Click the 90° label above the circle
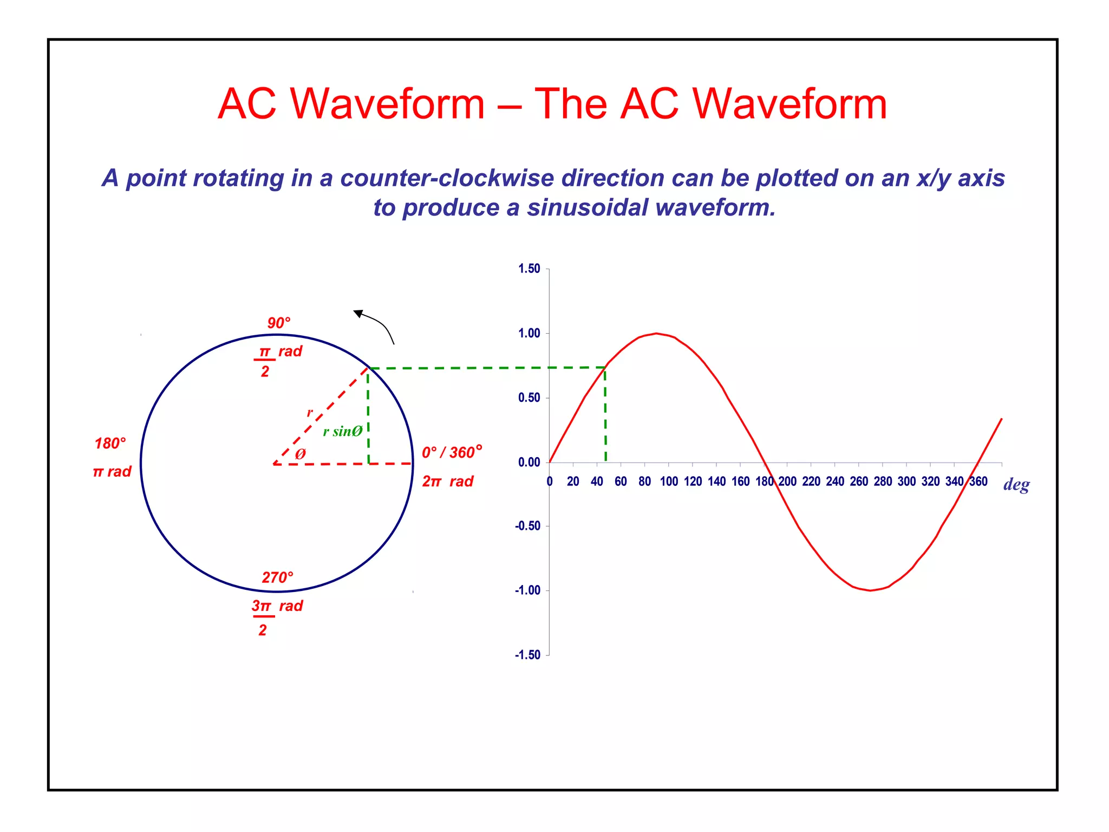279,323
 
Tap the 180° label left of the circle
110,444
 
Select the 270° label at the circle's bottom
277,577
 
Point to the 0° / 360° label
452,452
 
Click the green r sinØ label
342,432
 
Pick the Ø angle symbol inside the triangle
300,454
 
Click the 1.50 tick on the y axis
529,269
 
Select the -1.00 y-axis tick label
528,590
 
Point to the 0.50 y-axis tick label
529,398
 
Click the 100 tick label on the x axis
669,482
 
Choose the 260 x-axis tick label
859,482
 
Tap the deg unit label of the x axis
1016,484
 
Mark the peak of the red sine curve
656,333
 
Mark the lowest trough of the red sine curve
870,590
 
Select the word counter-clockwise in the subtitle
447,179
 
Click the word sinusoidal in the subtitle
588,208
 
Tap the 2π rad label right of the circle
447,482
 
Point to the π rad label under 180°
112,472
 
